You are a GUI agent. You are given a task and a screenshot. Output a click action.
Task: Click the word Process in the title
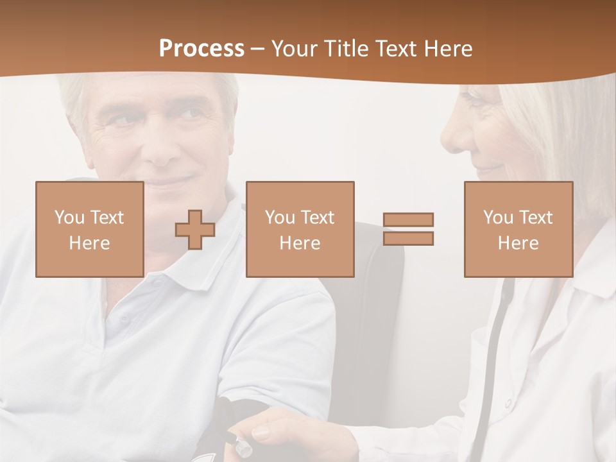(201, 49)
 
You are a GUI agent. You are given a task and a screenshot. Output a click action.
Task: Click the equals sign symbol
(408, 229)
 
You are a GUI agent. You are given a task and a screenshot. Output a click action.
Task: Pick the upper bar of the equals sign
(408, 219)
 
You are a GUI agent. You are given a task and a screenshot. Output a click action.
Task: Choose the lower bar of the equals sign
(408, 239)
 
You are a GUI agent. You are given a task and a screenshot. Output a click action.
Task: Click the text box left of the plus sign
(89, 229)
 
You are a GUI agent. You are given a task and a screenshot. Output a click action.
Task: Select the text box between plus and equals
(300, 229)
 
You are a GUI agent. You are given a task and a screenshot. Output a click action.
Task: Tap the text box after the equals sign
(518, 229)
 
